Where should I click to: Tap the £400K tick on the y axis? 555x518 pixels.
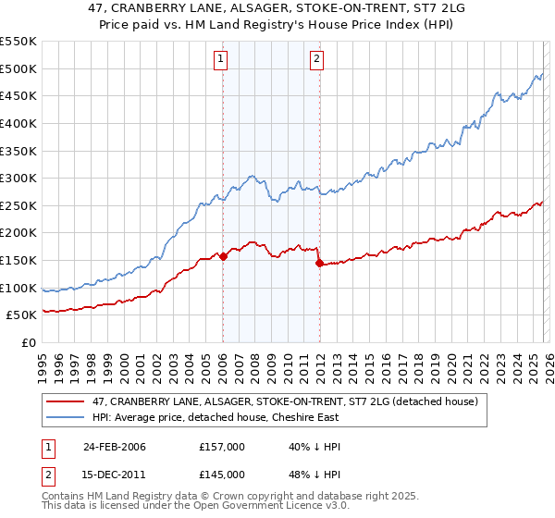(18, 123)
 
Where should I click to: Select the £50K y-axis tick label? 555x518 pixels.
(22, 315)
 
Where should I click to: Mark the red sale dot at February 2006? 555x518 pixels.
(224, 256)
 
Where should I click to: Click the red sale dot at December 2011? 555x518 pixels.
(319, 263)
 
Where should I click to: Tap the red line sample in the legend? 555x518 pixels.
(68, 401)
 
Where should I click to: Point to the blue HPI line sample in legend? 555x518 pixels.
(68, 417)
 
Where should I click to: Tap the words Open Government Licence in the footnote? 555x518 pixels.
(232, 508)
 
